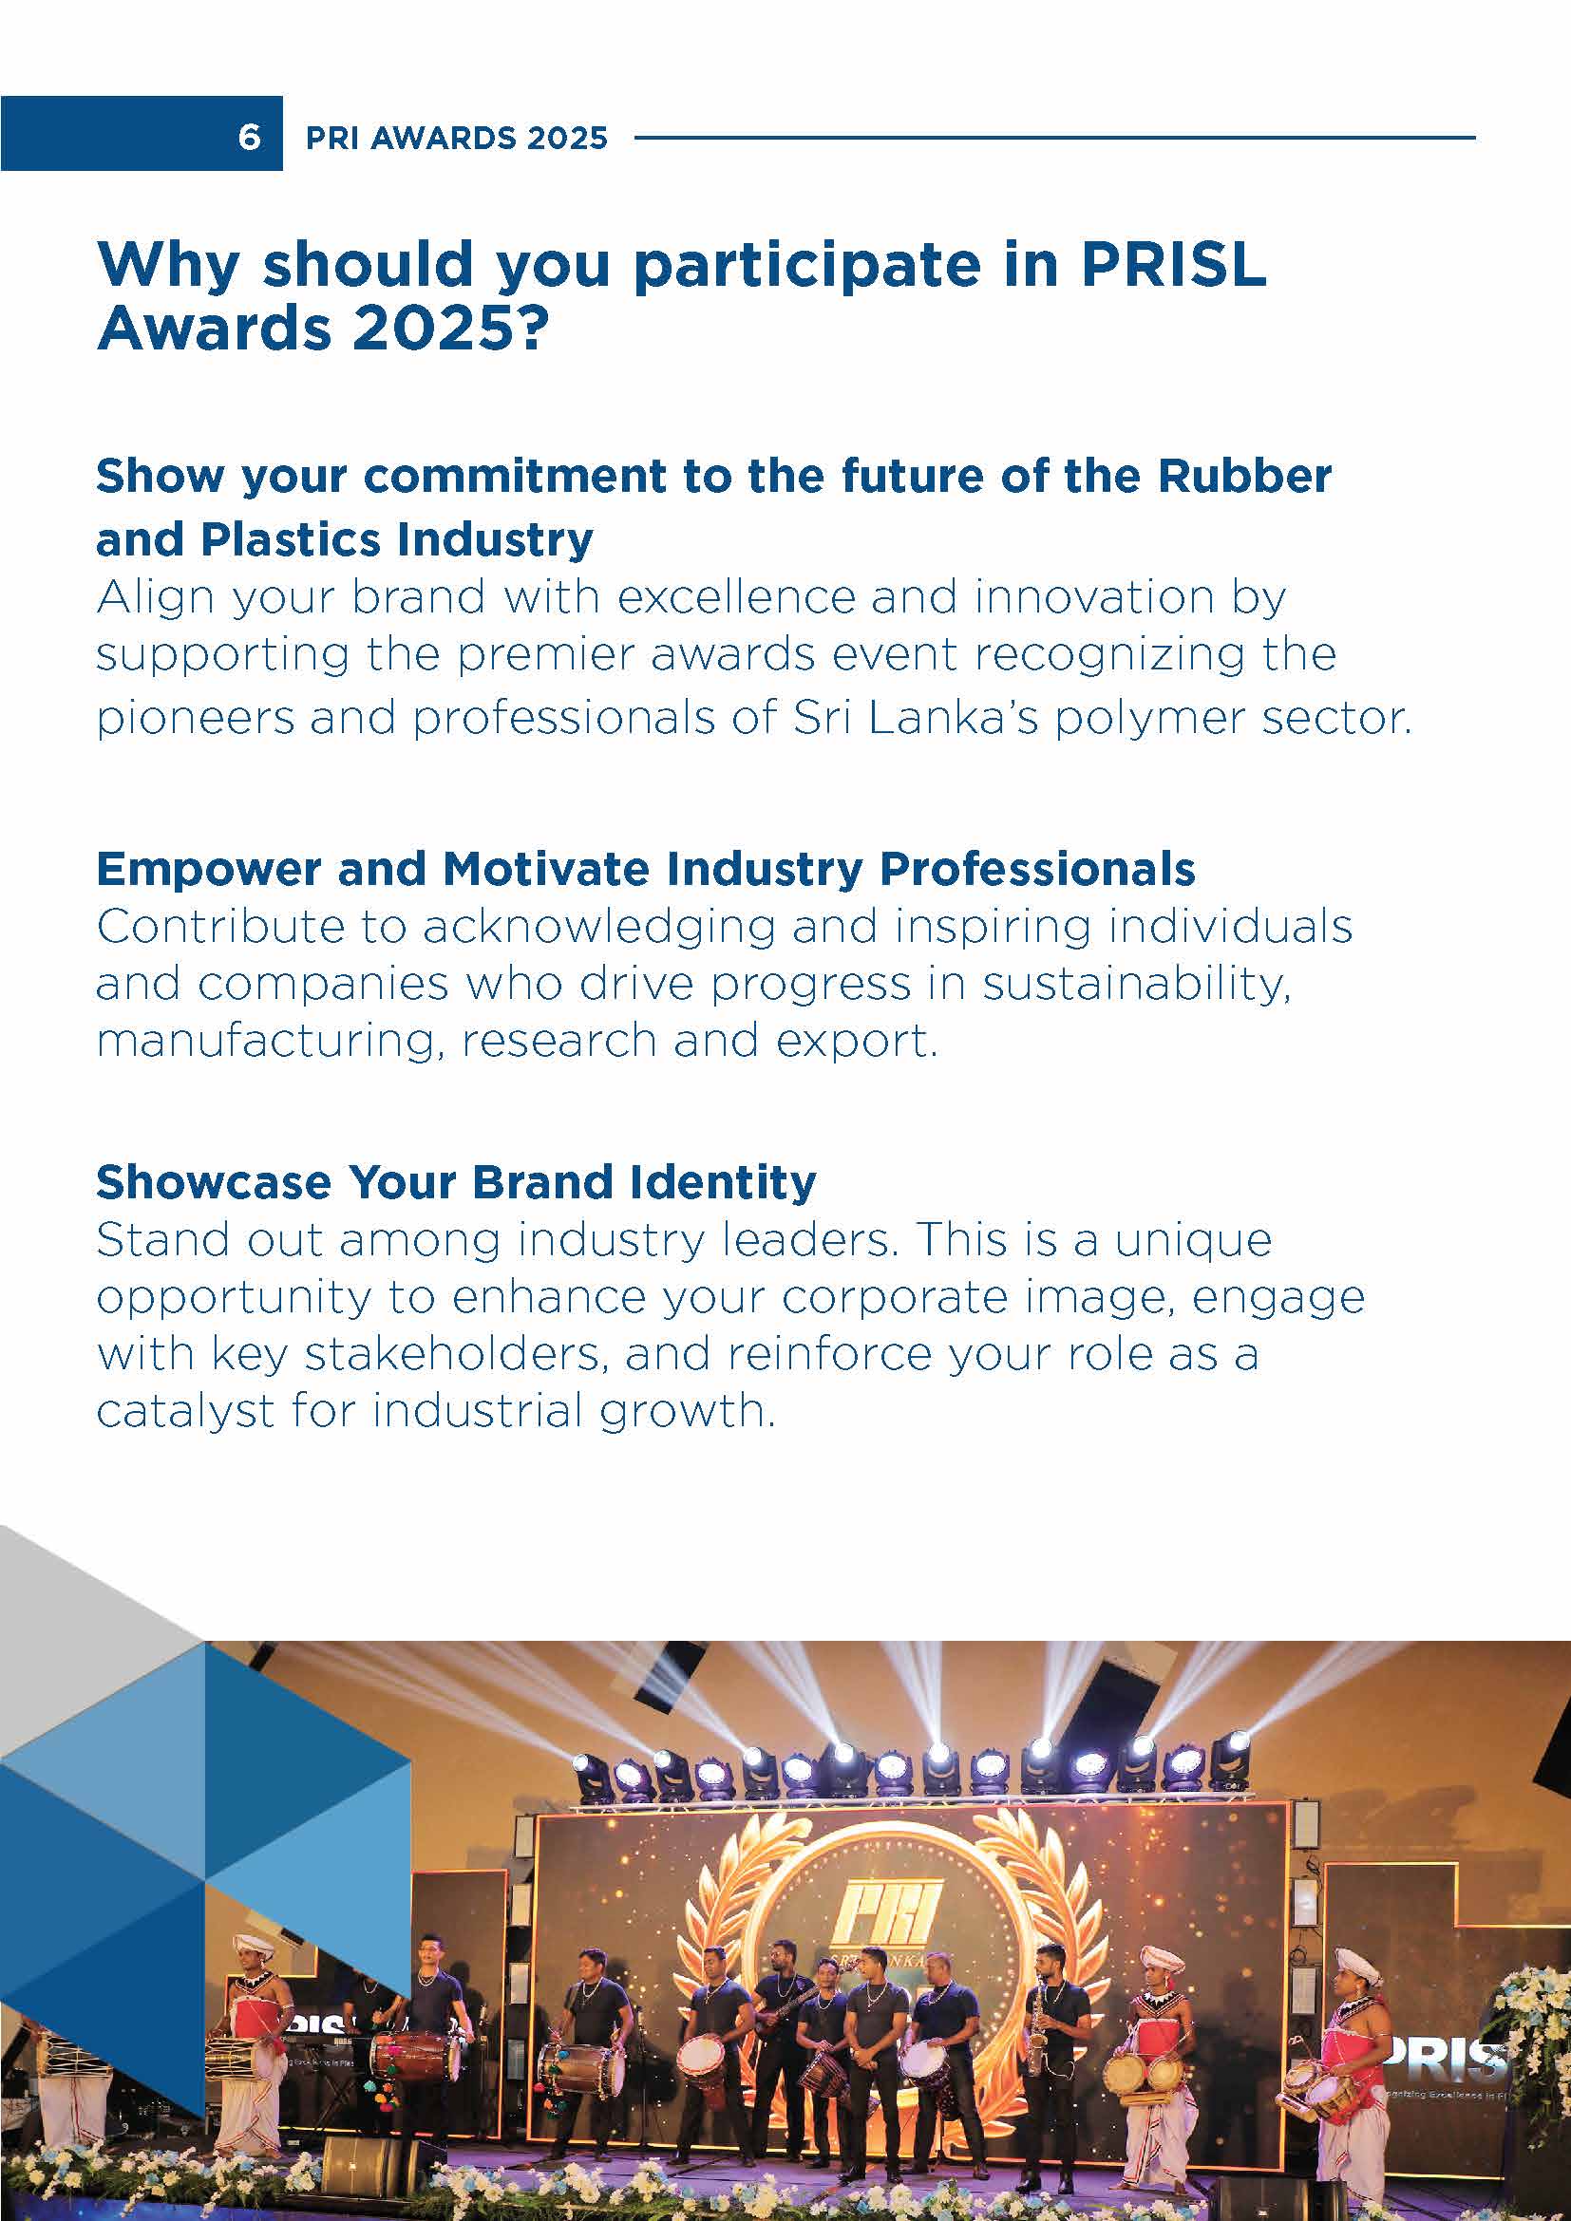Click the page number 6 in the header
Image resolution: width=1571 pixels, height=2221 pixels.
point(249,138)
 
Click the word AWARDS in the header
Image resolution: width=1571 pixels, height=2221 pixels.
point(429,138)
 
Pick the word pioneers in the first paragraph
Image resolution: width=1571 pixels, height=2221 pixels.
point(195,719)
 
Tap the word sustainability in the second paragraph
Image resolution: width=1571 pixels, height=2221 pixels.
point(1137,985)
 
